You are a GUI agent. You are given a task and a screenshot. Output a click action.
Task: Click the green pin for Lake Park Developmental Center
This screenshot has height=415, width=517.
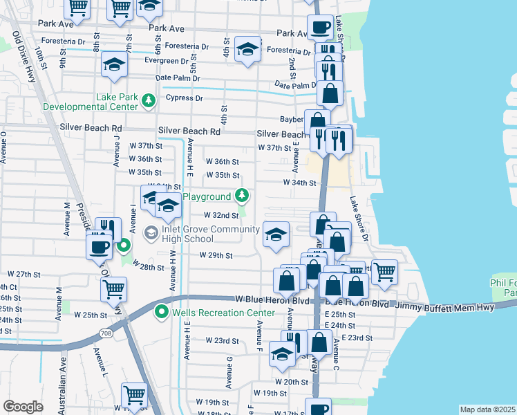(x=147, y=102)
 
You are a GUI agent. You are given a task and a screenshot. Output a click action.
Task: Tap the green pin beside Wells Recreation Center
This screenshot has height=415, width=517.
(x=162, y=313)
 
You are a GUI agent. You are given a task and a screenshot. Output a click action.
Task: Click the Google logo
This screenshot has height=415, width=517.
(x=23, y=407)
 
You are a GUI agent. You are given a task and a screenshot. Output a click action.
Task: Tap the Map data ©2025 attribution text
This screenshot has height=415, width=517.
(x=487, y=409)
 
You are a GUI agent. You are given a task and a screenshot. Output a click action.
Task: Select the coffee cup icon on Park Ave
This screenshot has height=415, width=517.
(x=320, y=28)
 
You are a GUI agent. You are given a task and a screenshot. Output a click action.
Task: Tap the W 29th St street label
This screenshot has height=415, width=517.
(x=216, y=255)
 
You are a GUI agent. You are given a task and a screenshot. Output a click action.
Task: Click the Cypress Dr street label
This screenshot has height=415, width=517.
(x=185, y=98)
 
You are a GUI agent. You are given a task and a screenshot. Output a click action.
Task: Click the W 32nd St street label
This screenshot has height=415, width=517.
(x=219, y=215)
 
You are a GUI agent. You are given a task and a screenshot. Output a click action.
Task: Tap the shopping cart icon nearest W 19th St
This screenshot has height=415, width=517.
(x=135, y=395)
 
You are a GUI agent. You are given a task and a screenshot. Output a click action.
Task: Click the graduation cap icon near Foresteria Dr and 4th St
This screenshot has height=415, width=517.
(x=247, y=50)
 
